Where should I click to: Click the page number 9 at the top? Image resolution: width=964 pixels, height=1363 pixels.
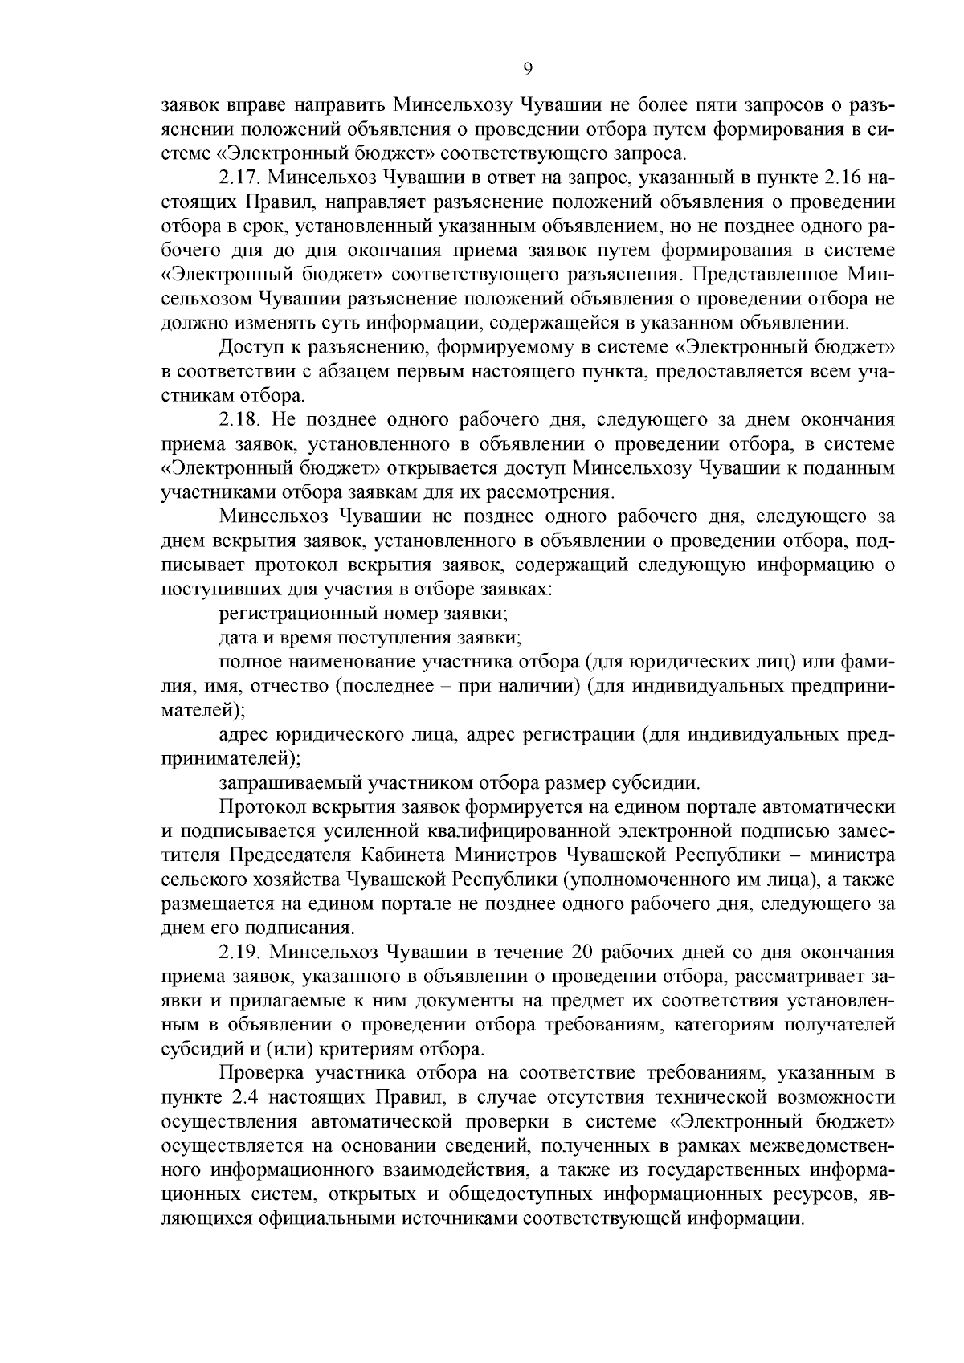point(528,69)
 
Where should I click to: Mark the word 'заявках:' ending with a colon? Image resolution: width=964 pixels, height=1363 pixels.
point(521,590)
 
